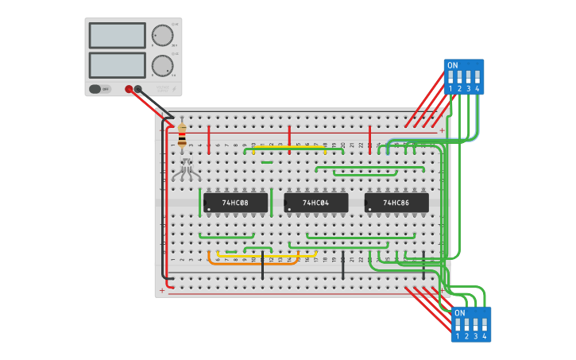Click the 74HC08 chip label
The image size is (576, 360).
(235, 203)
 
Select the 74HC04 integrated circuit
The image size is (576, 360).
(315, 203)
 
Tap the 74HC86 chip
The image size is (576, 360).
(396, 203)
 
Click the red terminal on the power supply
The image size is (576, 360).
(129, 89)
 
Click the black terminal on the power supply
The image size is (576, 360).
(138, 89)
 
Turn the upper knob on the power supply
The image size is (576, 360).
(162, 36)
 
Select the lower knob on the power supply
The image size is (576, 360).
(162, 65)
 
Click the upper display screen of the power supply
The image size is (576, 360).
(117, 36)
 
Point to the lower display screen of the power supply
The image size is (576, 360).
(117, 64)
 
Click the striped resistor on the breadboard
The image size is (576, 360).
(182, 137)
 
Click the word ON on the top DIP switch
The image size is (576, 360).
(453, 65)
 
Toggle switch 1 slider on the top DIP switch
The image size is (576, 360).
(451, 78)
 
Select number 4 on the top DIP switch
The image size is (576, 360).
(477, 89)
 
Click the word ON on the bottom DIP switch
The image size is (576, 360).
(460, 313)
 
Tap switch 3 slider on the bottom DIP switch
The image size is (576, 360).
(476, 325)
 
